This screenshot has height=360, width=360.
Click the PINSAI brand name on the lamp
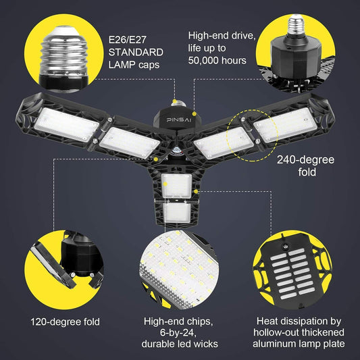click(x=179, y=118)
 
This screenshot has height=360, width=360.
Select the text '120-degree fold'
click(x=65, y=322)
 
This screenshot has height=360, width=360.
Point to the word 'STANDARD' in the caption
click(x=134, y=52)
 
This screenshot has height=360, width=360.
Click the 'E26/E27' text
click(x=127, y=38)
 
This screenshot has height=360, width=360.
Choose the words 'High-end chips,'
click(x=179, y=322)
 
